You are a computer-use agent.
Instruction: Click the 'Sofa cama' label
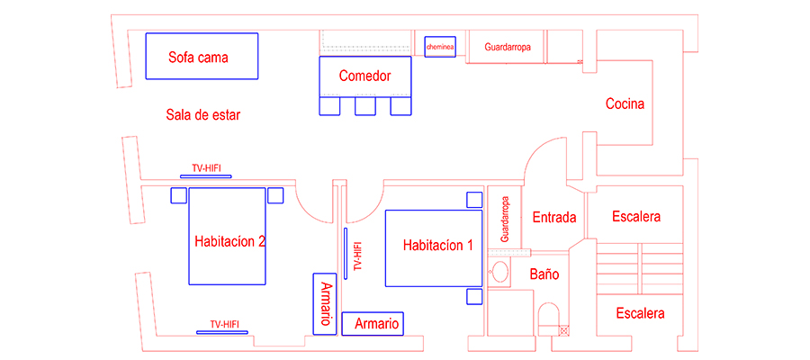[198, 58]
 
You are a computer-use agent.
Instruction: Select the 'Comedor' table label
[364, 76]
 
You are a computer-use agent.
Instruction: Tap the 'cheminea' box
[441, 46]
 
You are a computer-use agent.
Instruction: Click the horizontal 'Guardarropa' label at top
[508, 46]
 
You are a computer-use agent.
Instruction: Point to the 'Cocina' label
[625, 103]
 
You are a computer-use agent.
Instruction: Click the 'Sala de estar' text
[203, 114]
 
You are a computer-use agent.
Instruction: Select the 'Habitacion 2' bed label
[229, 241]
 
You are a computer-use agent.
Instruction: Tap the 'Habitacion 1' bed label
[437, 245]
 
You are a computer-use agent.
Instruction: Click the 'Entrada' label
[554, 218]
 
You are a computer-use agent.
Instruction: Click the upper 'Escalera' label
[636, 217]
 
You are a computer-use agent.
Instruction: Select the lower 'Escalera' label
[640, 313]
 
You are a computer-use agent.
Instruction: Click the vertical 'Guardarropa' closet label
[505, 220]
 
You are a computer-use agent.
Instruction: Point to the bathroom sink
[499, 272]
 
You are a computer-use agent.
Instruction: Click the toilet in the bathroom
[548, 317]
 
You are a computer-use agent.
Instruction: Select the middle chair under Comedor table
[364, 107]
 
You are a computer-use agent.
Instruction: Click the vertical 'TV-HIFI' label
[357, 256]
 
